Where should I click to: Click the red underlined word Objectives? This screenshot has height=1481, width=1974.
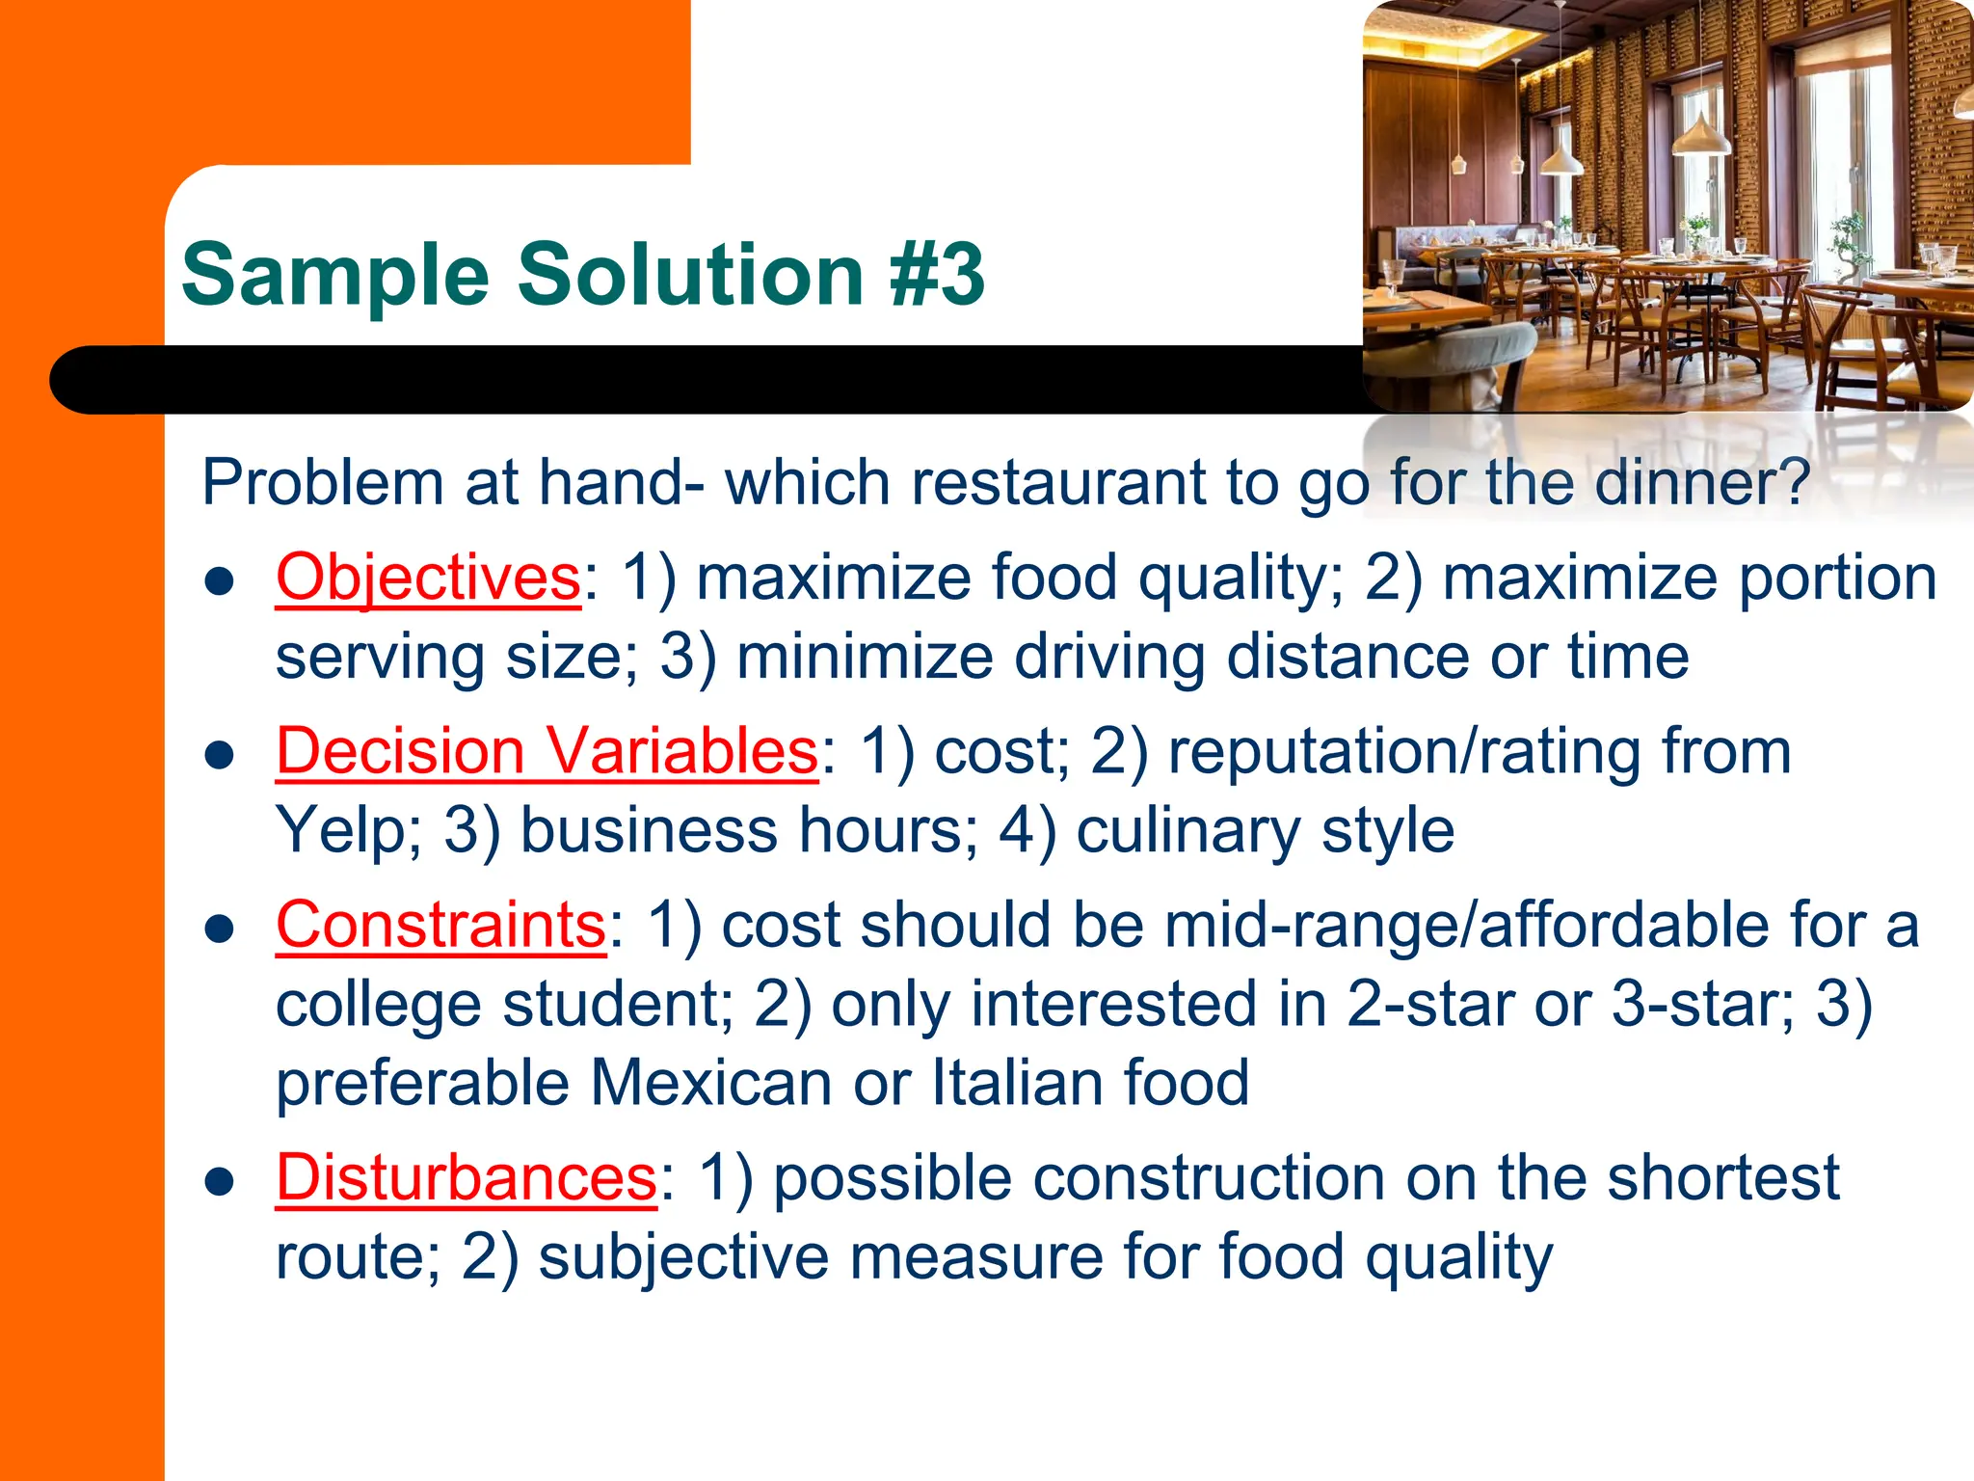tap(428, 578)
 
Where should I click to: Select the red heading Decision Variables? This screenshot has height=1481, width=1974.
tap(547, 751)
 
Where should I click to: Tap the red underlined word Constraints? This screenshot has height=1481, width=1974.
tap(440, 925)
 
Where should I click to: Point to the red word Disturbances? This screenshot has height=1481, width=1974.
tap(467, 1177)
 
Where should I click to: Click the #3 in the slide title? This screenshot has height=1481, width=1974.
tap(937, 275)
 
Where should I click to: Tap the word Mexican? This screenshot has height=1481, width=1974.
tap(711, 1083)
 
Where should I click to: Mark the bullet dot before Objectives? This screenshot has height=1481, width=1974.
tap(221, 581)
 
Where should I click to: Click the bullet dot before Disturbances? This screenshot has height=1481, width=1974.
tap(221, 1181)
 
